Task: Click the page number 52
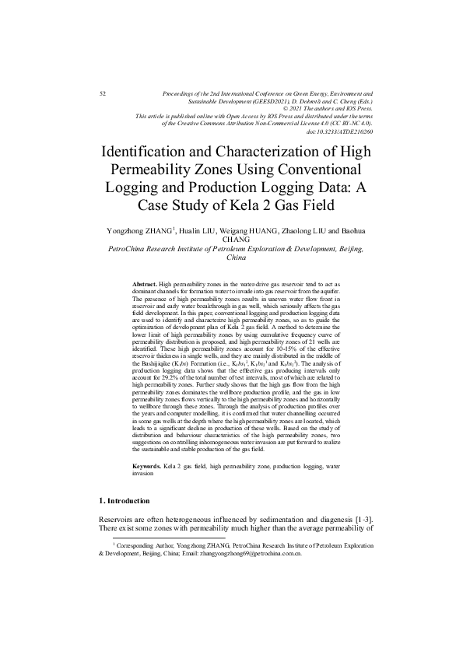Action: (x=103, y=93)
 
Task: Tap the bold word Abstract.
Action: (x=145, y=286)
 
